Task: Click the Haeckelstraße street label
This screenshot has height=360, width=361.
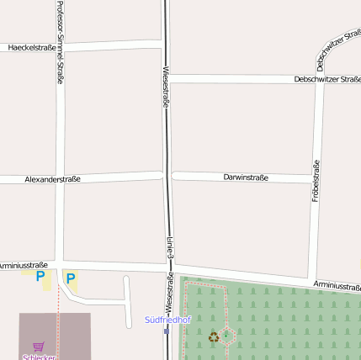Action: [32, 48]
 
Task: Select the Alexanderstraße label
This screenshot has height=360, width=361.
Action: [52, 179]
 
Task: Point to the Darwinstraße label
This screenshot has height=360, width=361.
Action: [246, 177]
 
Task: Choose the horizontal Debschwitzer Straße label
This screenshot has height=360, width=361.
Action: [327, 79]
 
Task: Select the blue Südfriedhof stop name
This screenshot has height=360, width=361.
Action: [167, 320]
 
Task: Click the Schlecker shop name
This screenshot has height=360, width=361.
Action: [39, 357]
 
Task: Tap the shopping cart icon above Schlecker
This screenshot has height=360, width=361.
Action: [38, 345]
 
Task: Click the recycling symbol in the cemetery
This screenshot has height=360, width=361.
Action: [214, 337]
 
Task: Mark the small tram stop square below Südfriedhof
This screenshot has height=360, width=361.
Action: [167, 331]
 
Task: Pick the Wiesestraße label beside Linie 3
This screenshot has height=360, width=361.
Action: [169, 289]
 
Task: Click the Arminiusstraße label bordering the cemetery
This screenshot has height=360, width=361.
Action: [337, 287]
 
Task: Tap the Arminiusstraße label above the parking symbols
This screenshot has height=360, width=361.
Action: [24, 265]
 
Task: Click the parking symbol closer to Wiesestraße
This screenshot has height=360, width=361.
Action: [71, 278]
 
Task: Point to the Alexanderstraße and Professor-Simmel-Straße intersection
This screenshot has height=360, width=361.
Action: [60, 179]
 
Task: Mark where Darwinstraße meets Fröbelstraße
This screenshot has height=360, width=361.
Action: [313, 178]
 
